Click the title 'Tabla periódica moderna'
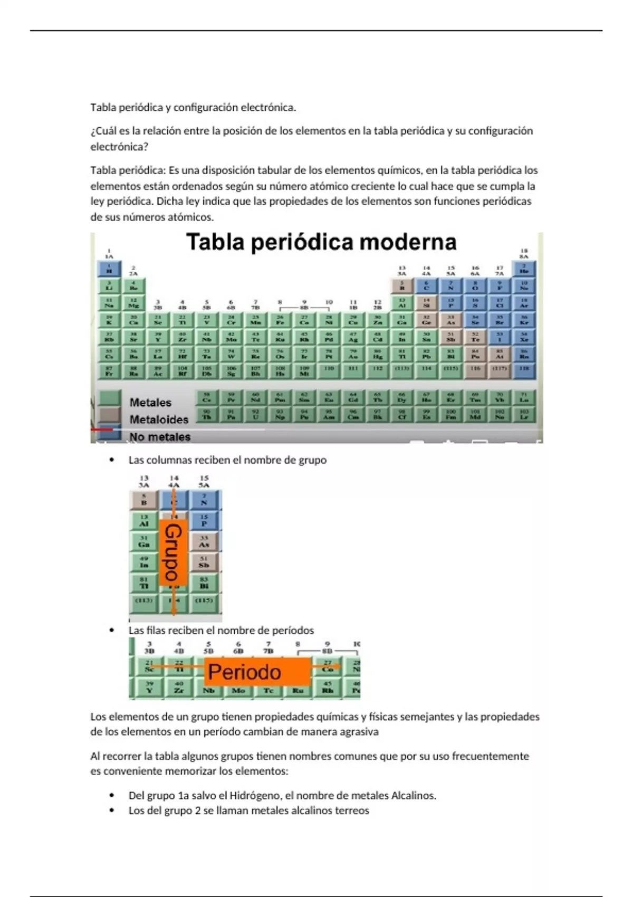click(321, 242)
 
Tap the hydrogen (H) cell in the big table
click(109, 269)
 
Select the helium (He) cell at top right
click(524, 269)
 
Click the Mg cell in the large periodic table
click(133, 303)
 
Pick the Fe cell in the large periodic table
click(280, 320)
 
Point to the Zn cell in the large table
click(378, 320)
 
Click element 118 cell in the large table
click(524, 370)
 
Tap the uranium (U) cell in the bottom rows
click(255, 415)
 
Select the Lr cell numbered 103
click(524, 415)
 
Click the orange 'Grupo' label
click(173, 552)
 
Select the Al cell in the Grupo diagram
click(144, 521)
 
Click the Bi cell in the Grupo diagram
click(204, 583)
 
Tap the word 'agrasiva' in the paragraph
click(359, 732)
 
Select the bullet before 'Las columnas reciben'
click(111, 460)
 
